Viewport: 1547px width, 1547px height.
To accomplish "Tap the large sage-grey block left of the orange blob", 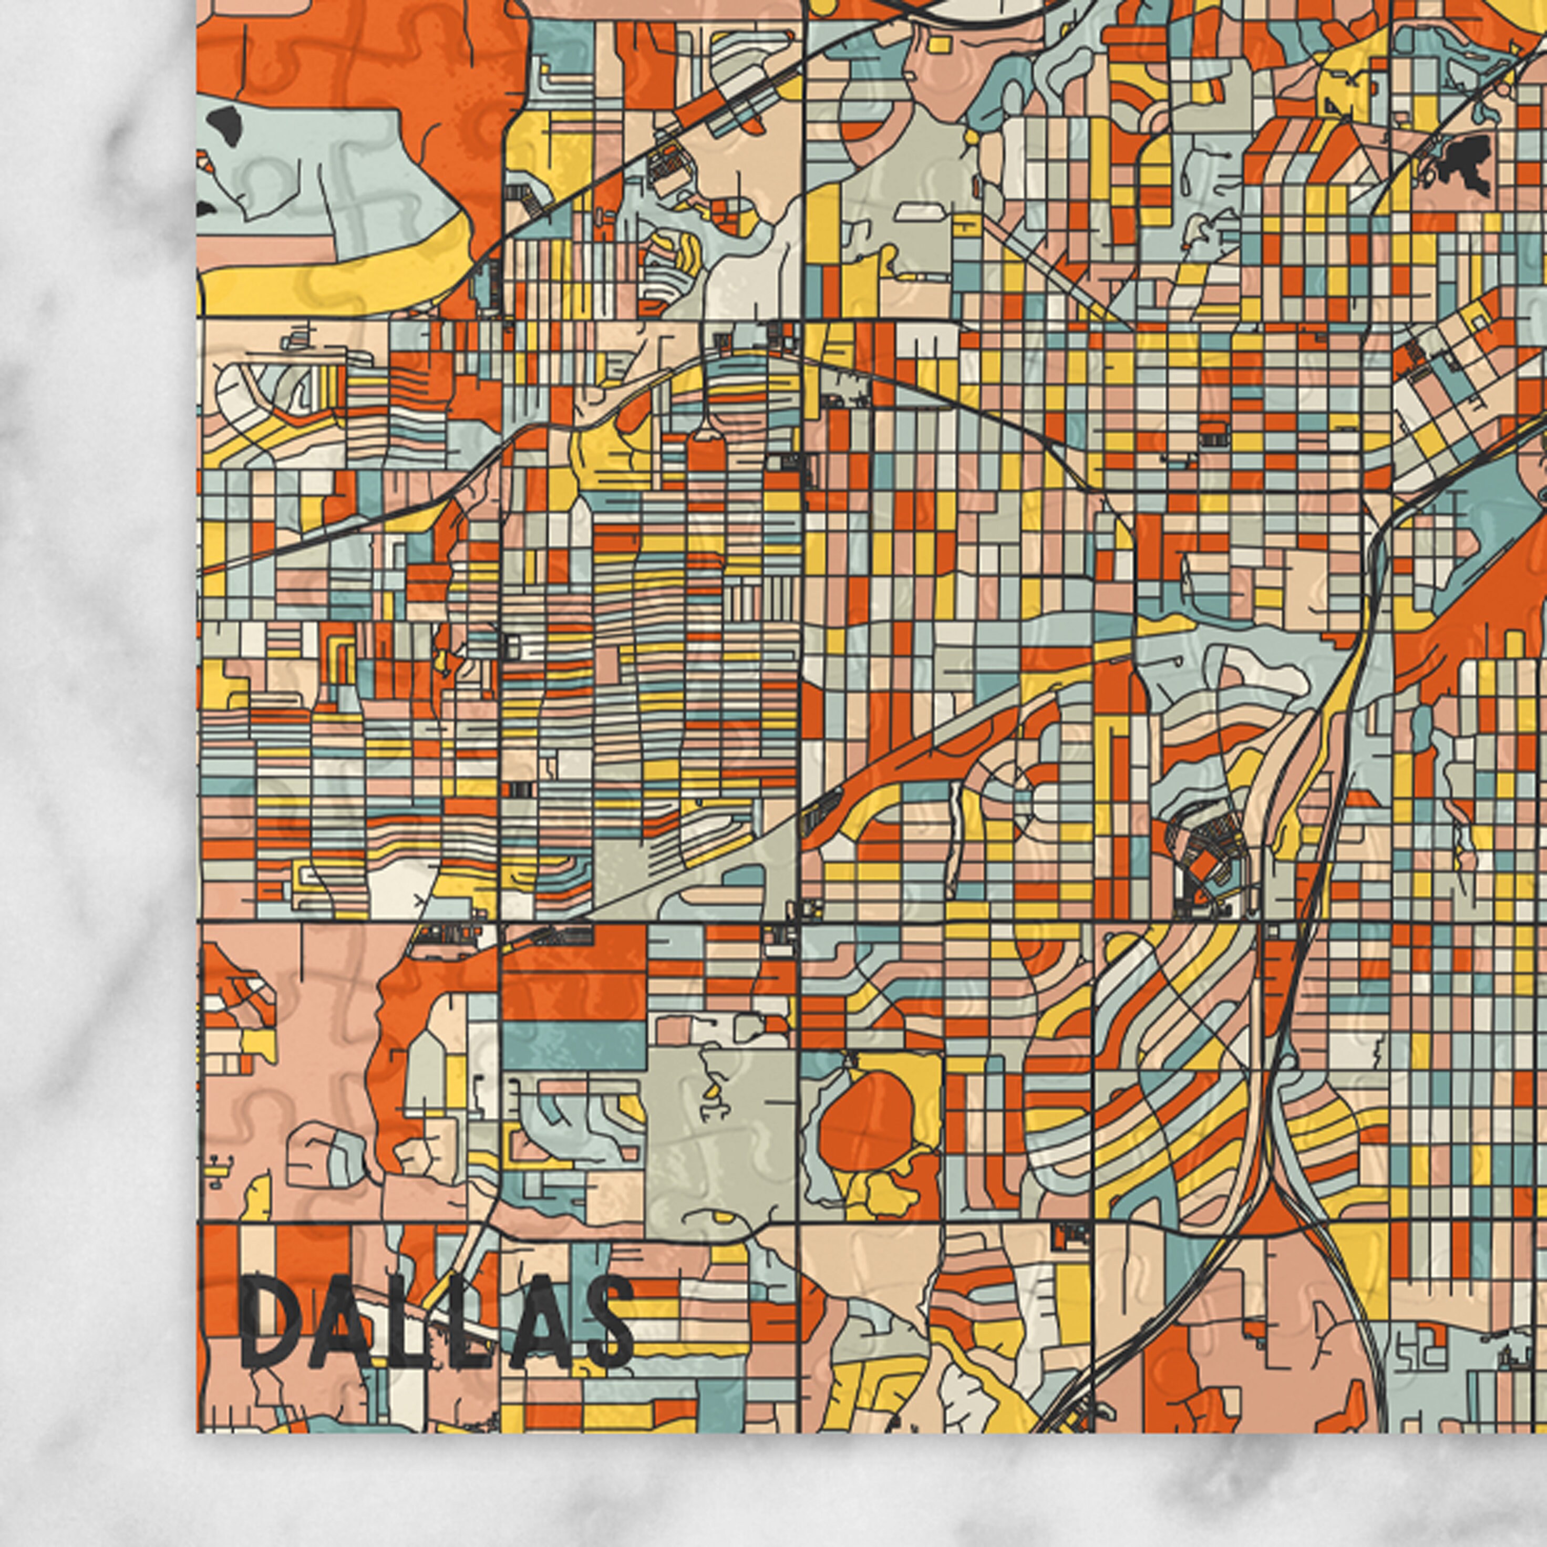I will (720, 1137).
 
